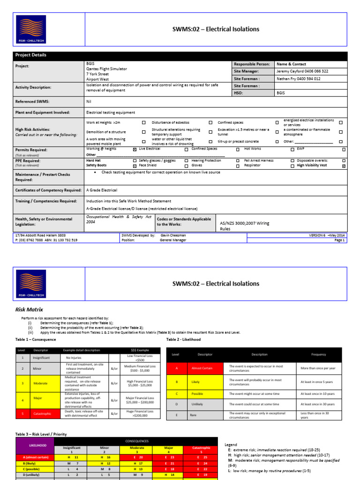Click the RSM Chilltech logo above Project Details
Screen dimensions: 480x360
click(x=31, y=30)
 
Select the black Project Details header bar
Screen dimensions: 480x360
click(x=180, y=55)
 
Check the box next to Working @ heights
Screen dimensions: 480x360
click(x=135, y=149)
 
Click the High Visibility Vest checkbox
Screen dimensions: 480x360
click(x=344, y=166)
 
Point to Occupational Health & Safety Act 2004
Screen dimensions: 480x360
click(x=119, y=220)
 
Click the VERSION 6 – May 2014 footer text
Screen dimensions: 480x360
click(x=326, y=235)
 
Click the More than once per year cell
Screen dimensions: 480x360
click(x=318, y=368)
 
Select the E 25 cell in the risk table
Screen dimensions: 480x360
click(x=202, y=457)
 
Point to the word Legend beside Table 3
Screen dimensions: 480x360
click(x=231, y=445)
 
